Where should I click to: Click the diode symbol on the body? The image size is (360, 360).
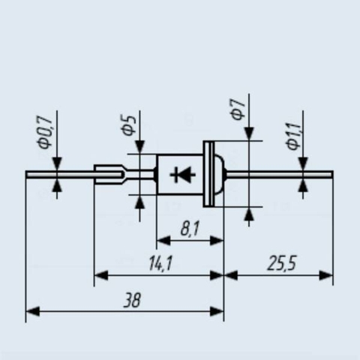pos(182,175)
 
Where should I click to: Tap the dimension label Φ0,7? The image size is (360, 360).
pos(45,133)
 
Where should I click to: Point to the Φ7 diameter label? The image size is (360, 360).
pos(237,109)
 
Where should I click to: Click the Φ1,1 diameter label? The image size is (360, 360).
pos(292,136)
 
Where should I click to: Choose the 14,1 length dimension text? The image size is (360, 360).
pos(160,263)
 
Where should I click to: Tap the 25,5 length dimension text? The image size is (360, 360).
pos(281,263)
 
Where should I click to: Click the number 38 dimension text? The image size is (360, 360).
pos(132,300)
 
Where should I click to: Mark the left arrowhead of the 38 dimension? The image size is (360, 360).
pos(33,312)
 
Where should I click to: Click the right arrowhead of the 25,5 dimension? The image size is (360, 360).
pos(326,275)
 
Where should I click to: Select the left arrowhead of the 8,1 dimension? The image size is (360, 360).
pos(163,241)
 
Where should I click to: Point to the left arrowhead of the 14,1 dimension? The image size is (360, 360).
pos(101,275)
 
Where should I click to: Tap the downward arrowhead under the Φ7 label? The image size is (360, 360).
pos(249,134)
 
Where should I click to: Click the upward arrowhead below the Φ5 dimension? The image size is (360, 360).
pos(139,202)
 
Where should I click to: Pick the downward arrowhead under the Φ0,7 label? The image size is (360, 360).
pos(57,164)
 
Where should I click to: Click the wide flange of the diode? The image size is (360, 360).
pos(208,174)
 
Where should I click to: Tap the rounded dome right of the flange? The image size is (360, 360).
pos(219,174)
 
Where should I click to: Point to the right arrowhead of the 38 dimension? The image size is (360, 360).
pos(217,312)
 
